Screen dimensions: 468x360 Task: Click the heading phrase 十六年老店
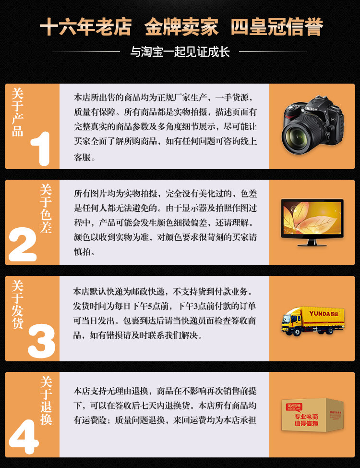pyautogui.click(x=85, y=27)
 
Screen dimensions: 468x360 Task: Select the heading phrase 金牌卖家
pyautogui.click(x=181, y=27)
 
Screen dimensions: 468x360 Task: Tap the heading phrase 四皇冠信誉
pyautogui.click(x=276, y=27)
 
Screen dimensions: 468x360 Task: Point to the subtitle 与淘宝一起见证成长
pyautogui.click(x=180, y=51)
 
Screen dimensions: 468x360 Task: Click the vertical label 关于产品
pyautogui.click(x=17, y=112)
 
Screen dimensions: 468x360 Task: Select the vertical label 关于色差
pyautogui.click(x=46, y=209)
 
